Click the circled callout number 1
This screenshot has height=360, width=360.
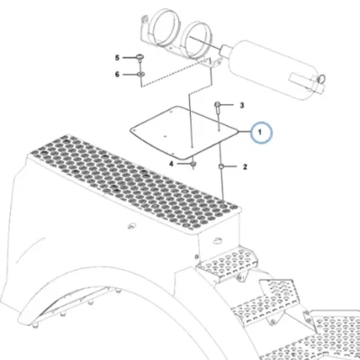260,132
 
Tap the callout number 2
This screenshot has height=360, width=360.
245,166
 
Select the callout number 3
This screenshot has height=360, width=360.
242,105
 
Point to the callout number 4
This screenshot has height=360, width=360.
171,164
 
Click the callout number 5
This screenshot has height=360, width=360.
117,58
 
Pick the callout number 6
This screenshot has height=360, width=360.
117,74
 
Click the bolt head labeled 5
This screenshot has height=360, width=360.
140,57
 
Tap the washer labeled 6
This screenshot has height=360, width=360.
140,74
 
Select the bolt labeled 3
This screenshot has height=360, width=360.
218,109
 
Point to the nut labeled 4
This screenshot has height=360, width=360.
193,164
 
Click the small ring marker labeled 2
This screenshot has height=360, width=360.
221,166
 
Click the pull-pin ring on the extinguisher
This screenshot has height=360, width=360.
321,79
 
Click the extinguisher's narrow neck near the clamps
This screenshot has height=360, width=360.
224,49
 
